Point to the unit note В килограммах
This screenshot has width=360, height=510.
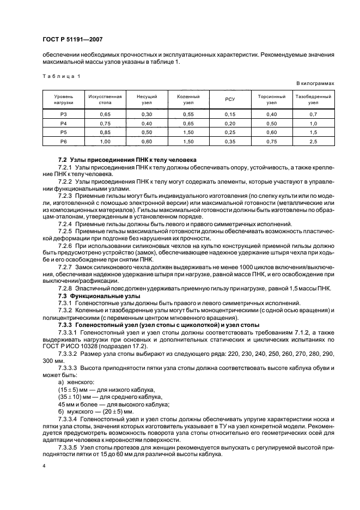click(315, 83)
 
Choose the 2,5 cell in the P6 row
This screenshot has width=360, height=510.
click(313, 141)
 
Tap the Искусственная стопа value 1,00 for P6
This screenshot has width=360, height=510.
click(105, 141)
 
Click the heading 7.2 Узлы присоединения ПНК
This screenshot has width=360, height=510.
click(112, 158)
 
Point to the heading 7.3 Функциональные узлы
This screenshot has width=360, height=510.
click(95, 295)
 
